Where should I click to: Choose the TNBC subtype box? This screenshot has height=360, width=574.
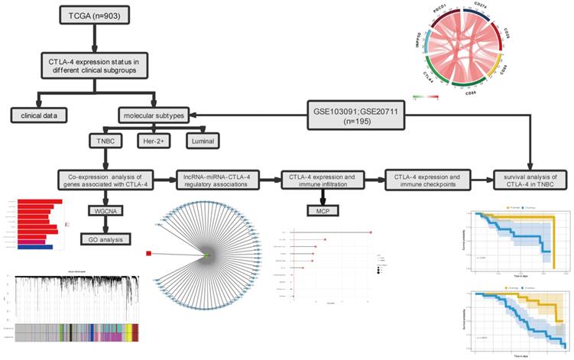[106, 141]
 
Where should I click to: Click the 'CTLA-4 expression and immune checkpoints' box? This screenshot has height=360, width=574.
[426, 180]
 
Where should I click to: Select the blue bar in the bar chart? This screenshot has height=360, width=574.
[34, 246]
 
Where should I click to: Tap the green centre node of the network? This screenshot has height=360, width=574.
[206, 254]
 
